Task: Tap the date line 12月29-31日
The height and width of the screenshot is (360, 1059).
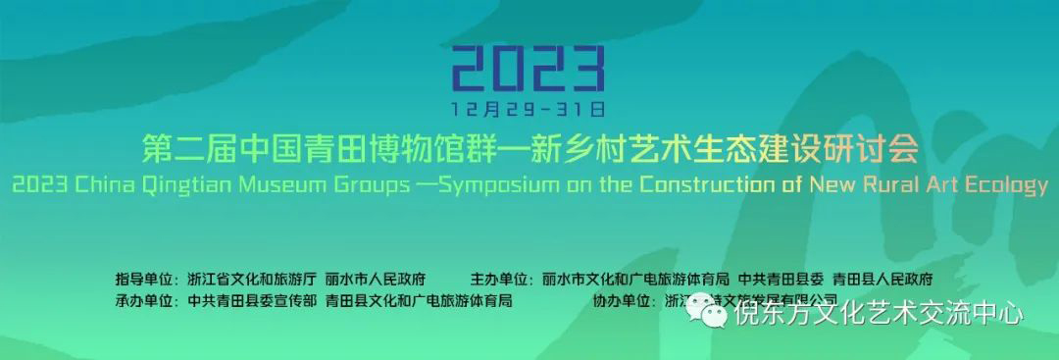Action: tap(529, 104)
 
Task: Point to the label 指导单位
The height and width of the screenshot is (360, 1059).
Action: tap(147, 279)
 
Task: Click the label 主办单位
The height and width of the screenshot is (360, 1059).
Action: tap(503, 279)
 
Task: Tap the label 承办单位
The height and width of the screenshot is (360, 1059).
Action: tap(147, 300)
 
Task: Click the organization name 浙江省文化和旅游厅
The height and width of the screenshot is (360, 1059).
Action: tap(252, 279)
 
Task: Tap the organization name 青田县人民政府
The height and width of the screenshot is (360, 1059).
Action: tap(882, 279)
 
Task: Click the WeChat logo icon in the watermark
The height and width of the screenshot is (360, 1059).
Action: tap(715, 314)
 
